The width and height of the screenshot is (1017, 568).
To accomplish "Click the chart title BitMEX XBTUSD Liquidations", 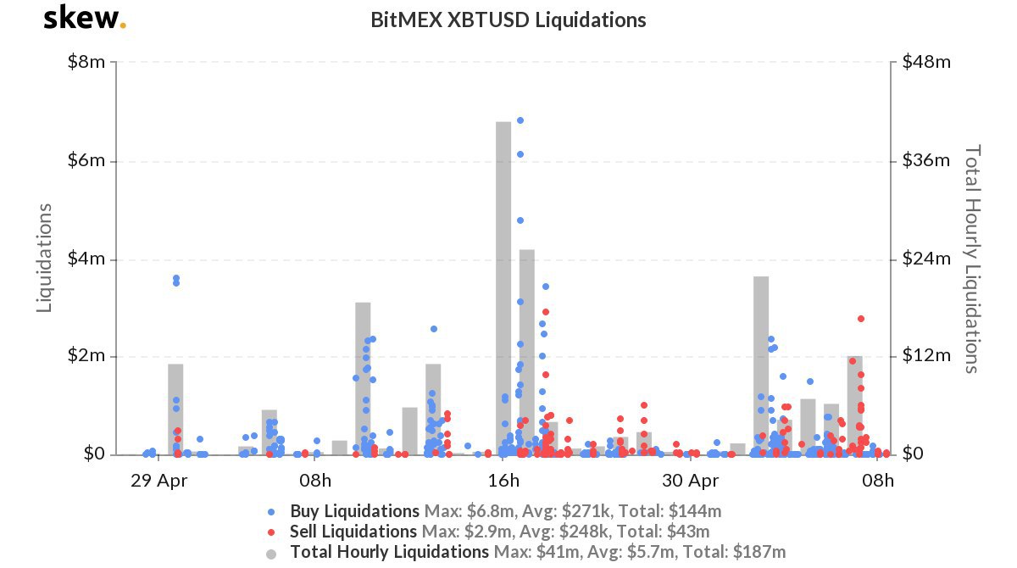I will tap(508, 19).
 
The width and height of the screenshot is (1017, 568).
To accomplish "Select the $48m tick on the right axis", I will tap(925, 63).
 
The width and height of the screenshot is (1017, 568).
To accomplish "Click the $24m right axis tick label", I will tap(925, 259).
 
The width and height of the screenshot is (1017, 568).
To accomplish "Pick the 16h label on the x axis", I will tap(504, 482).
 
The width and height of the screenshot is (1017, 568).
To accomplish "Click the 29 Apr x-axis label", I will tap(158, 482).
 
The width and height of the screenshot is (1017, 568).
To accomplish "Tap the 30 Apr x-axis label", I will tap(691, 482).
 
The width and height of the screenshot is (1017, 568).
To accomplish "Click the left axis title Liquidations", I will tap(45, 258).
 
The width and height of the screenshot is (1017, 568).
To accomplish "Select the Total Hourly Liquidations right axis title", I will tap(973, 258).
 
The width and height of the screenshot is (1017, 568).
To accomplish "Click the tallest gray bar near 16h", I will tap(503, 288).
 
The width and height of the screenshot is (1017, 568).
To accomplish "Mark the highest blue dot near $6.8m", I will tap(520, 120).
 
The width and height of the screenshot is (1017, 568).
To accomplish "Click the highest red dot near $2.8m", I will tap(861, 319).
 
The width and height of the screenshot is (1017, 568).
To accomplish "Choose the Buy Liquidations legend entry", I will tap(354, 511).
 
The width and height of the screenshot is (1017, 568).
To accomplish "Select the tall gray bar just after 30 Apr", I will tap(761, 365).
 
